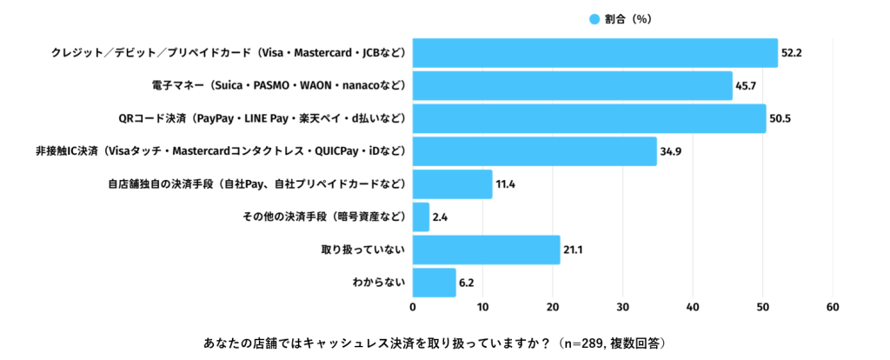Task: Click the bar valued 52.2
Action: (594, 53)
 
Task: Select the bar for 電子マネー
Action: (572, 85)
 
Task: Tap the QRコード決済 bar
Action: (589, 118)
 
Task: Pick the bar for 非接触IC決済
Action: (535, 151)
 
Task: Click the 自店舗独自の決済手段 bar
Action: (452, 184)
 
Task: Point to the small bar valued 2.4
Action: (421, 217)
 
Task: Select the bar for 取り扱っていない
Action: (486, 250)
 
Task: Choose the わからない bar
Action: (434, 283)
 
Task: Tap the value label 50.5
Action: (779, 118)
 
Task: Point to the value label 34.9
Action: (670, 151)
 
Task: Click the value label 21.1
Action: (573, 250)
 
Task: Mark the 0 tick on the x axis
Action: (413, 307)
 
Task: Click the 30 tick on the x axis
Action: (623, 307)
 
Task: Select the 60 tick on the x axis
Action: (833, 307)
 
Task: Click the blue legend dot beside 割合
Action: (594, 19)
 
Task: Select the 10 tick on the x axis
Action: (482, 307)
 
